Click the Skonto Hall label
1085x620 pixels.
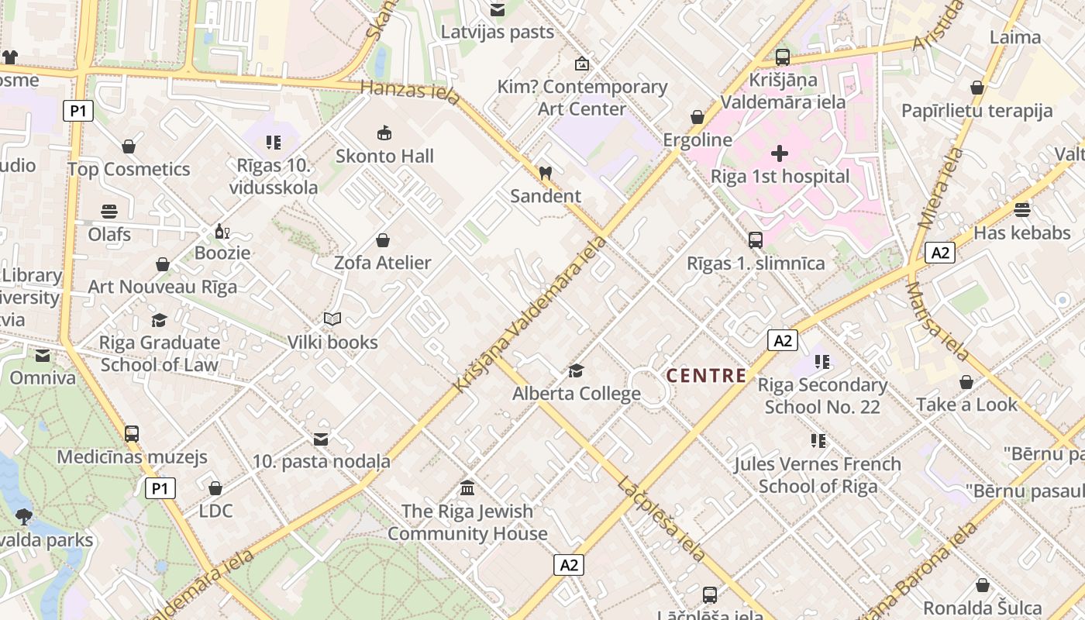(x=384, y=157)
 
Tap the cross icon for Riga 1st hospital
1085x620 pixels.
(x=780, y=153)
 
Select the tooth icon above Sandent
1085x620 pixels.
(x=545, y=173)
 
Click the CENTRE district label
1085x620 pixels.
(x=707, y=376)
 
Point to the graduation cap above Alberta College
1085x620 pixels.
(x=576, y=370)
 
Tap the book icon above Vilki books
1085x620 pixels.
(x=332, y=319)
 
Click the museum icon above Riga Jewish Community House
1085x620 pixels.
(x=467, y=488)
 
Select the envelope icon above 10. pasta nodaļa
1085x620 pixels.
(x=321, y=439)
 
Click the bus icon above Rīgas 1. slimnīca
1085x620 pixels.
(x=756, y=240)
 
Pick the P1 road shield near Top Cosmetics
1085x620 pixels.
(x=77, y=111)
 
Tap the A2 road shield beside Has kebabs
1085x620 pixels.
(x=940, y=253)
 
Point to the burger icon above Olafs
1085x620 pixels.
(x=108, y=212)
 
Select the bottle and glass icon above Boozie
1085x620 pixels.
(x=222, y=231)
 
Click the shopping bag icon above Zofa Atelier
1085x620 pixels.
(x=382, y=240)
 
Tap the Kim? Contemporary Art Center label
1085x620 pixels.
(x=582, y=98)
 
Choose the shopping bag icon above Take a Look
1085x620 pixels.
(x=966, y=382)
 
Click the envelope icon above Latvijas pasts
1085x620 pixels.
(x=497, y=9)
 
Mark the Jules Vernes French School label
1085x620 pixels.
(x=818, y=475)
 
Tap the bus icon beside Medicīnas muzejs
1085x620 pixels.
(x=132, y=434)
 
